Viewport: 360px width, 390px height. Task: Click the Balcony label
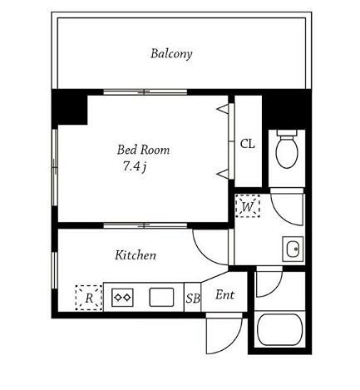[171, 54]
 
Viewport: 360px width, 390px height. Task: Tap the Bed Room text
[143, 150]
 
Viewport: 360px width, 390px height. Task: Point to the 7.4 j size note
[135, 166]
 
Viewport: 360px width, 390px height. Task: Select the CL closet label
[247, 144]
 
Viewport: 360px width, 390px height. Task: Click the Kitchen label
[136, 255]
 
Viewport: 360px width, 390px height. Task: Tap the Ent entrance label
[224, 294]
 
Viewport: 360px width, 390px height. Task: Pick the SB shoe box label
[193, 299]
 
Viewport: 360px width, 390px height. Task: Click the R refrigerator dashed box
[89, 298]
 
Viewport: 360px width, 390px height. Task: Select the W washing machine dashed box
[248, 206]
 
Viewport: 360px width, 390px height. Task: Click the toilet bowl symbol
[287, 149]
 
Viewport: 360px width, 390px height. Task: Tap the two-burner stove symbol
[122, 298]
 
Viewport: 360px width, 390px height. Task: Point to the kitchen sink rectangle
[162, 298]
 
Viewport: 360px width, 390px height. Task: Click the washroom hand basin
[293, 249]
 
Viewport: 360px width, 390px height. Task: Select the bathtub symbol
[279, 329]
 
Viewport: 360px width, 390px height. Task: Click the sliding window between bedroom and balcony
[145, 92]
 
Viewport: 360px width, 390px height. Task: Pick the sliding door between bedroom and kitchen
[145, 225]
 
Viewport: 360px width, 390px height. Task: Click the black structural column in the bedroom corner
[70, 107]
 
